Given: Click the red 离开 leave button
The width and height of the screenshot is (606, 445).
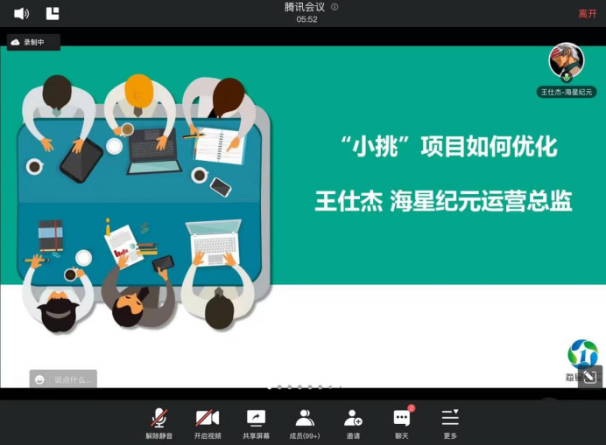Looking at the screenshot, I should (x=587, y=13).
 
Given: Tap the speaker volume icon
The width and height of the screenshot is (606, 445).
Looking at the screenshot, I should (x=22, y=13).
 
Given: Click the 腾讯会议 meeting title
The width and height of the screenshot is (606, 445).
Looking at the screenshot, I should (x=304, y=7).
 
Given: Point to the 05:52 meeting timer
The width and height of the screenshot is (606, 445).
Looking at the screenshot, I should (x=307, y=19).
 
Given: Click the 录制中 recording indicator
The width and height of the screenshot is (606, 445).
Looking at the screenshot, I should (x=33, y=42).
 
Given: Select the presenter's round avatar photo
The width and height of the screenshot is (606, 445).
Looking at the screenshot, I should (x=566, y=60).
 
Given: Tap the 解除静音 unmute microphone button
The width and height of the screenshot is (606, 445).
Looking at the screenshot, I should (x=159, y=422).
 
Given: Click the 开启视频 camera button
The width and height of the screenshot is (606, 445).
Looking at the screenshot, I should (x=208, y=422).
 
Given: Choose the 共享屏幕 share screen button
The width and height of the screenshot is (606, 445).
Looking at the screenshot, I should (x=256, y=422).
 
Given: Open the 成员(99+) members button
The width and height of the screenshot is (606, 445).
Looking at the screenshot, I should (x=305, y=422).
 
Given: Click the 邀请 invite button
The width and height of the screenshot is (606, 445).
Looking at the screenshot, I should (x=353, y=422).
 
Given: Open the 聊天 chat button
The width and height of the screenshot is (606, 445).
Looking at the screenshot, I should (x=402, y=422).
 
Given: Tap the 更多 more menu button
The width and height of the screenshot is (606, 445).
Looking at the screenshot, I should (x=450, y=422).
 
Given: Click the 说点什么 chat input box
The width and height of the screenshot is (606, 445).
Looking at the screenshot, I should (x=64, y=379).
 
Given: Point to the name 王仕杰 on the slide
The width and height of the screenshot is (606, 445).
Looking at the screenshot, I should (x=349, y=202).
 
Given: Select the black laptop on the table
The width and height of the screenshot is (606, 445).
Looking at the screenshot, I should (x=155, y=150).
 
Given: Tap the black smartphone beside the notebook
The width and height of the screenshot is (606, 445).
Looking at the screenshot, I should (x=221, y=186).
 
